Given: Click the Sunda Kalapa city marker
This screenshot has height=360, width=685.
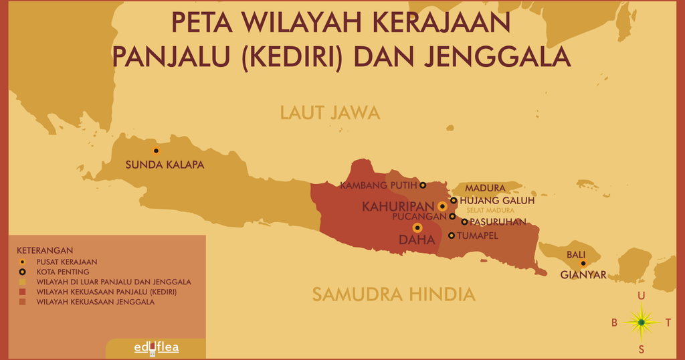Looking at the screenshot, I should point(156,151).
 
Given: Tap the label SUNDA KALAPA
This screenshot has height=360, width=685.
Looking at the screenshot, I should point(165,165).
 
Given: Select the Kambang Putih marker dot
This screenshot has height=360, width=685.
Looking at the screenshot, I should point(422,185).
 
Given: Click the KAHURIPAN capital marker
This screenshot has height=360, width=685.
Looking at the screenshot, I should point(442,207).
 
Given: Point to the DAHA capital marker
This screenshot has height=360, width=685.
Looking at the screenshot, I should point(417,228).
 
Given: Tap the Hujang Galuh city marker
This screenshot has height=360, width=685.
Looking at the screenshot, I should point(454,200).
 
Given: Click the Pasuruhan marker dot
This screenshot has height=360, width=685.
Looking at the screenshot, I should point(464,221).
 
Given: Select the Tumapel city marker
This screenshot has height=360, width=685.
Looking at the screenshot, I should point(452,236).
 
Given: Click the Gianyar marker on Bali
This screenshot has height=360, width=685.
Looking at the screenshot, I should point(583,264).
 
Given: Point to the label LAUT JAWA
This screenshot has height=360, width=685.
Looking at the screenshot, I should point(330,112).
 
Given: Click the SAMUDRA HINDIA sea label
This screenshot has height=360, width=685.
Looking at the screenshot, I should point(393,294).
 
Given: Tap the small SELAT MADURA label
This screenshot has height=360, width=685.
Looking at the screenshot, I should point(490,210).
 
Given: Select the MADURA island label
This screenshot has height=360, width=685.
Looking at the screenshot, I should point(485,188).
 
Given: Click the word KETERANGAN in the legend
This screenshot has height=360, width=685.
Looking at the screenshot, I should point(45,250).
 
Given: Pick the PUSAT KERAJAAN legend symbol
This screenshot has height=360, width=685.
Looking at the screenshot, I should point(22,262).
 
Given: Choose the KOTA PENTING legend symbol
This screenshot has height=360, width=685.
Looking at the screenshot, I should point(22,272).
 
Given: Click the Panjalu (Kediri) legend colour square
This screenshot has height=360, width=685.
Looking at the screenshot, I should point(22,292).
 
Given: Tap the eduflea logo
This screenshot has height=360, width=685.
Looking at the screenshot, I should point(156,347).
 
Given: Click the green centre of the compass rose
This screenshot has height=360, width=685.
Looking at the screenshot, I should point(641,323).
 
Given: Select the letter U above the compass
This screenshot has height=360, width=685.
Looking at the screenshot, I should point(642,296).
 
